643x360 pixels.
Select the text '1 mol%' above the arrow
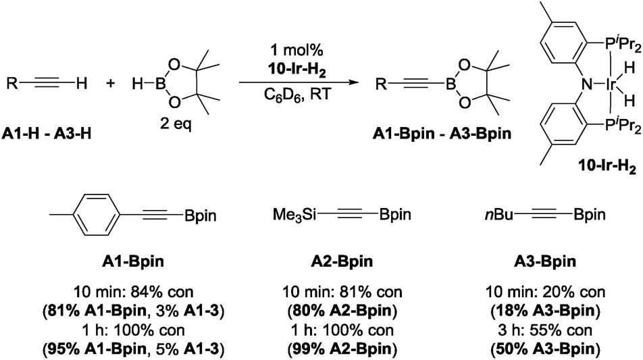[297, 50]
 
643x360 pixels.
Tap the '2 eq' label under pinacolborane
[176, 124]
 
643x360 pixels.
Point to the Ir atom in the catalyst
[611, 84]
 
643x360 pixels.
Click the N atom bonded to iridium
[587, 84]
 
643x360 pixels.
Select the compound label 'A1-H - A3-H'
[47, 134]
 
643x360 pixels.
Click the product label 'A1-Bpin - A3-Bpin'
[442, 134]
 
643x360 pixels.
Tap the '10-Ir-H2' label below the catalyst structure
[607, 167]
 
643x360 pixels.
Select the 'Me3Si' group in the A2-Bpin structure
[294, 214]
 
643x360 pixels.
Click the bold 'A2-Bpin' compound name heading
[342, 261]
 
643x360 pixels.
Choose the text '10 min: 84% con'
[133, 292]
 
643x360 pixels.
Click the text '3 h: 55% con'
[545, 330]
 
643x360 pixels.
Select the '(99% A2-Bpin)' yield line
[342, 349]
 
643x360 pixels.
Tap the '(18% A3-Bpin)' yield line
[545, 311]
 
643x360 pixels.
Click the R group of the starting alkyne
[12, 84]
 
